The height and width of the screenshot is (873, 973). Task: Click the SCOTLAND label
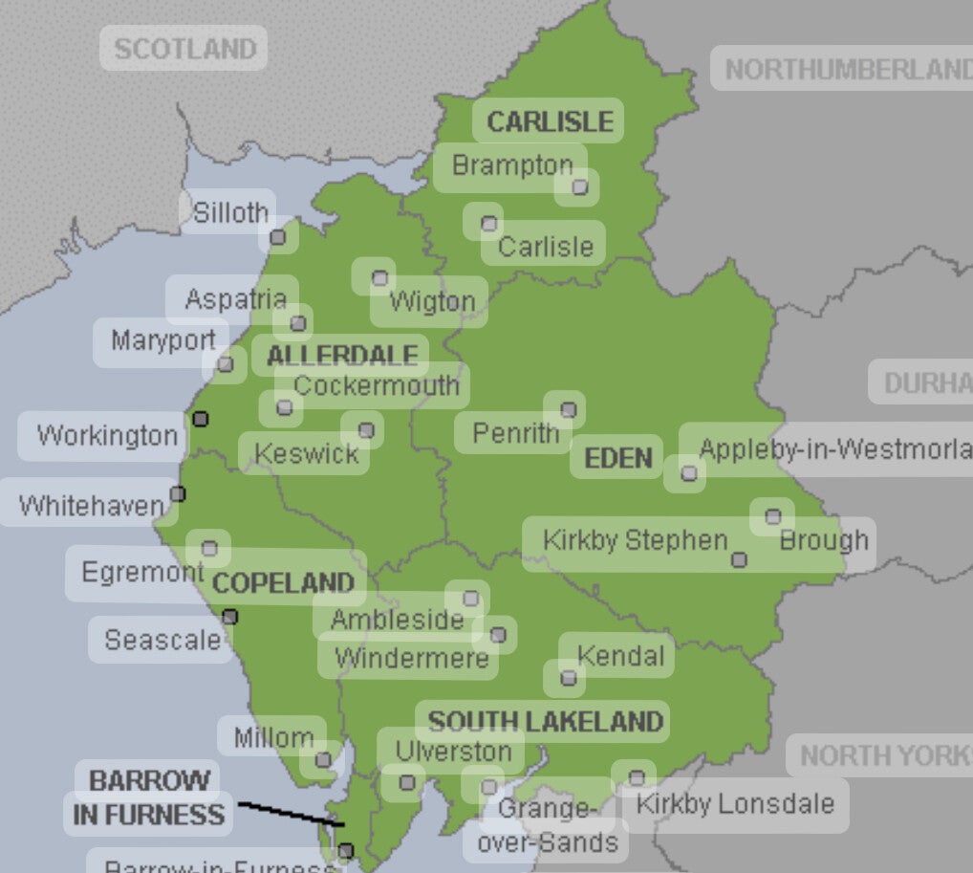184,49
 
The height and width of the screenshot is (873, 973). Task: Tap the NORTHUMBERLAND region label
845,69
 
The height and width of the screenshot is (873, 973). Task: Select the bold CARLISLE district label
549,121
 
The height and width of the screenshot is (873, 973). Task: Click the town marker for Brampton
579,186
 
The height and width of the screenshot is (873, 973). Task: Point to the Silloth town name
229,212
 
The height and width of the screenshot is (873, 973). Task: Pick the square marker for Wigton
379,278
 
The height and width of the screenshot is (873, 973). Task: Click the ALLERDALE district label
341,356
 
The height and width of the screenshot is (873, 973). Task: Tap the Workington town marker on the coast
200,418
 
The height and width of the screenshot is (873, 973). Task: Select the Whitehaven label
91,504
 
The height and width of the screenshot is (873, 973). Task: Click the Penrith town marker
568,409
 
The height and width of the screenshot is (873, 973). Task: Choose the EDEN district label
617,458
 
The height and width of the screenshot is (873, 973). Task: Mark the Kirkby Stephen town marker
738,559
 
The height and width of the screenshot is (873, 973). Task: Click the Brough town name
823,540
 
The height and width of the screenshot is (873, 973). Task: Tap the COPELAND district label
283,583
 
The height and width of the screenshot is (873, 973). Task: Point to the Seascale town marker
229,617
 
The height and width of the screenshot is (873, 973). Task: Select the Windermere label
411,658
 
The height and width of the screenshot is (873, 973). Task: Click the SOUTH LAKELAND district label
545,721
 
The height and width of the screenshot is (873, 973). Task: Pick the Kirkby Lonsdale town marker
636,776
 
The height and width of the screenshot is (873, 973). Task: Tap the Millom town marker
323,760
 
